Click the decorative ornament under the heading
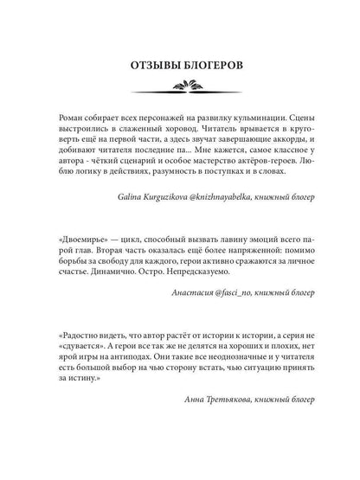180,86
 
